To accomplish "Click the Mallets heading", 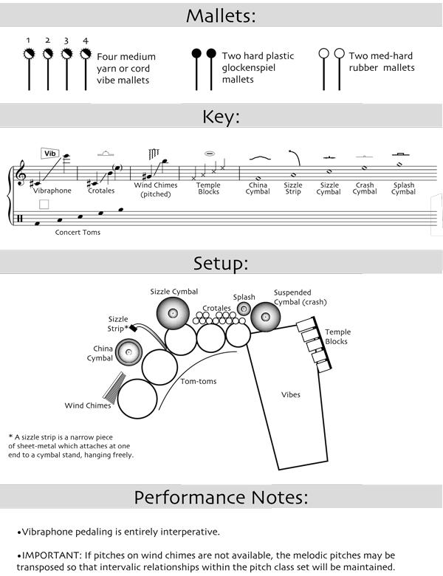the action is (221, 15).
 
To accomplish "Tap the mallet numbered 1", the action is (29, 54).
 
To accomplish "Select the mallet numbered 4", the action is (86, 54).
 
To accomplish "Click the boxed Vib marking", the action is (50, 154).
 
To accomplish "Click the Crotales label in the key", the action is (101, 191).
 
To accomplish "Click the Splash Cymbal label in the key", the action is (403, 188).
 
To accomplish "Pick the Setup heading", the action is (221, 263).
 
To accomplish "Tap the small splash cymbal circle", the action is (244, 309).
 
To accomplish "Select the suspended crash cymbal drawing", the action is (266, 318).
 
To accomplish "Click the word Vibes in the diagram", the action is (291, 394).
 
